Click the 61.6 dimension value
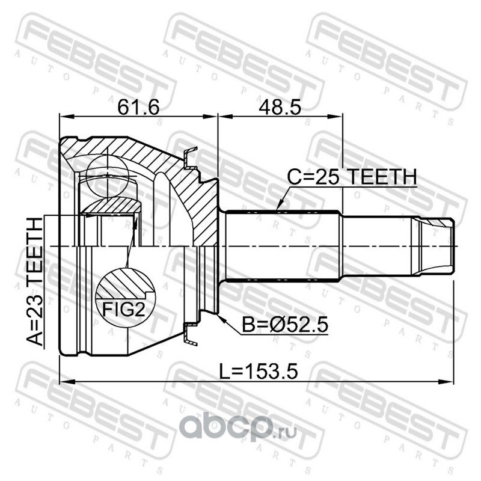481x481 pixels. (x=138, y=107)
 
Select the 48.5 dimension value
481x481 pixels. (x=280, y=107)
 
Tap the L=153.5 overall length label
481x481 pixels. (x=259, y=372)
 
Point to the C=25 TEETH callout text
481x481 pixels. (x=352, y=177)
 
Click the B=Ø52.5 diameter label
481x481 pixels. (x=285, y=325)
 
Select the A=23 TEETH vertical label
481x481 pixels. (x=35, y=281)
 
